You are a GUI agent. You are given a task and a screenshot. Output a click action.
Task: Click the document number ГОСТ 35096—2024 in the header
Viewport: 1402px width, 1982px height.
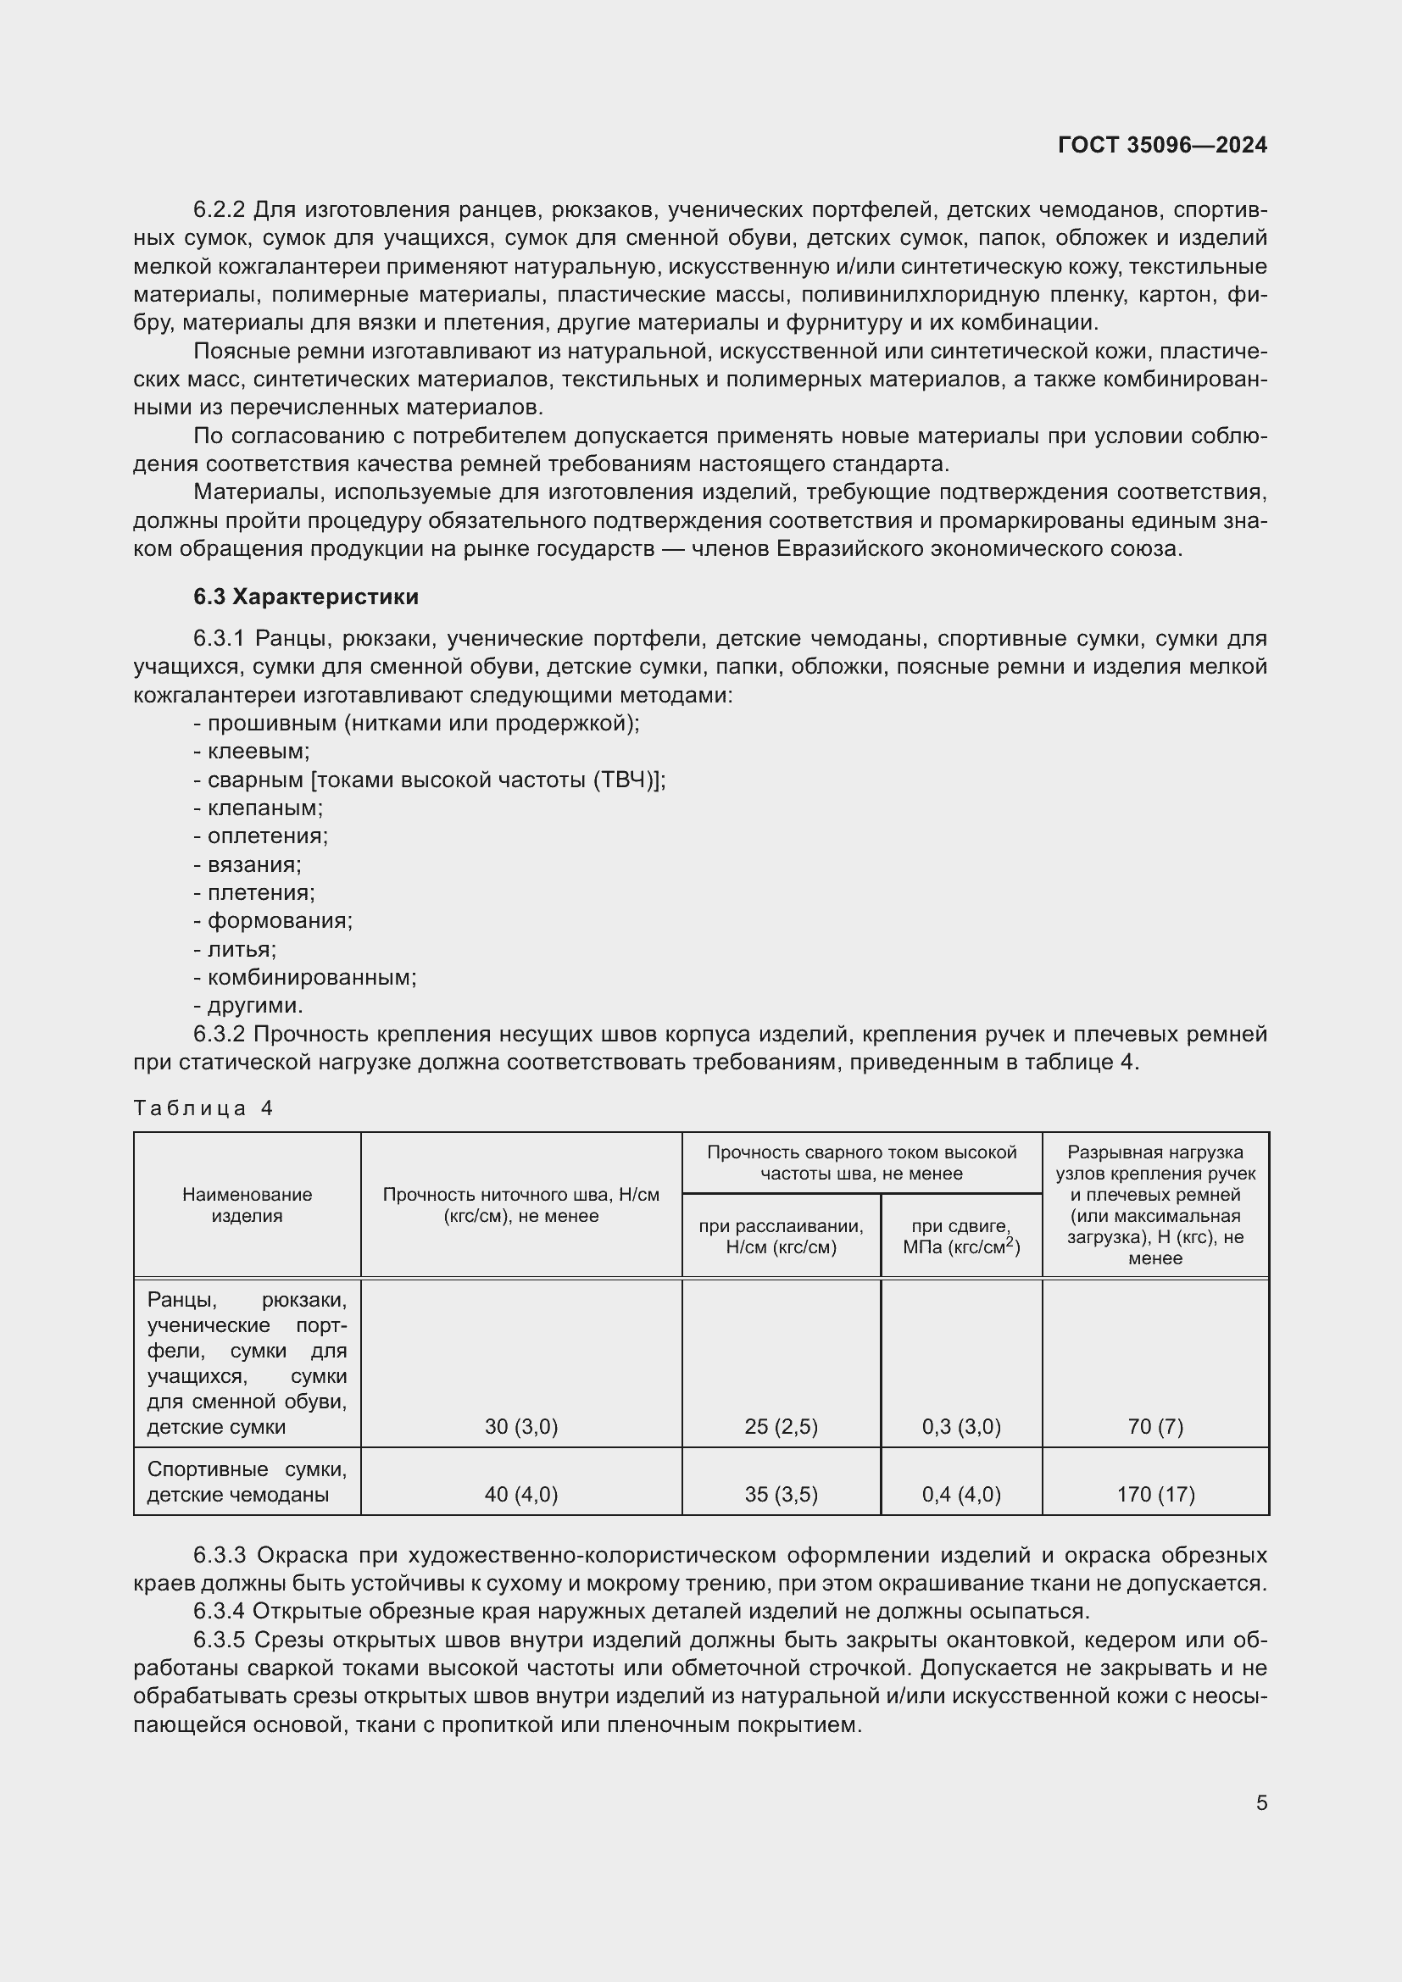pyautogui.click(x=1162, y=145)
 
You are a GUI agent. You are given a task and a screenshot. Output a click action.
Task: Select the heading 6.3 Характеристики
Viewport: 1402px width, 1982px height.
pyautogui.click(x=306, y=597)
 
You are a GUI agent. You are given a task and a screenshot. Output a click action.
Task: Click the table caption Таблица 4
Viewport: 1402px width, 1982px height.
pyautogui.click(x=203, y=1108)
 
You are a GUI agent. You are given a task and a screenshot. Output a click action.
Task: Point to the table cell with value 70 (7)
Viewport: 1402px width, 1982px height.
pyautogui.click(x=1155, y=1427)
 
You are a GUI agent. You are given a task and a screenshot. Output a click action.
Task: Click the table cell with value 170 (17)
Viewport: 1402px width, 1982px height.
pyautogui.click(x=1155, y=1494)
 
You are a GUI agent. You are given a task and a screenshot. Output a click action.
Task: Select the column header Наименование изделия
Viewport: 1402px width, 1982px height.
pyautogui.click(x=247, y=1205)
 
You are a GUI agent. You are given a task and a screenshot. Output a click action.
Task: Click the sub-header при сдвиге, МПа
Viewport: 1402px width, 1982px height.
pyautogui.click(x=961, y=1237)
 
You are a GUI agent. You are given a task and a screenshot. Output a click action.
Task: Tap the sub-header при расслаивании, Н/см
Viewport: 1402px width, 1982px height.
pyautogui.click(x=781, y=1237)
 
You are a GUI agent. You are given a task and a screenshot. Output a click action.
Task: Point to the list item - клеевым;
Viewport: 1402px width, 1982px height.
pyautogui.click(x=251, y=751)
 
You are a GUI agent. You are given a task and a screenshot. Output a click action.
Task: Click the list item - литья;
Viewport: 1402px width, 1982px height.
pyautogui.click(x=235, y=950)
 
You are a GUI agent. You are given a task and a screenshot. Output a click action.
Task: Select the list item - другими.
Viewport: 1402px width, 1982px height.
pyautogui.click(x=248, y=1006)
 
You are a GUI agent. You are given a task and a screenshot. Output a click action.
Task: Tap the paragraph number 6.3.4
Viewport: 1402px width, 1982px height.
pyautogui.click(x=220, y=1612)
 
